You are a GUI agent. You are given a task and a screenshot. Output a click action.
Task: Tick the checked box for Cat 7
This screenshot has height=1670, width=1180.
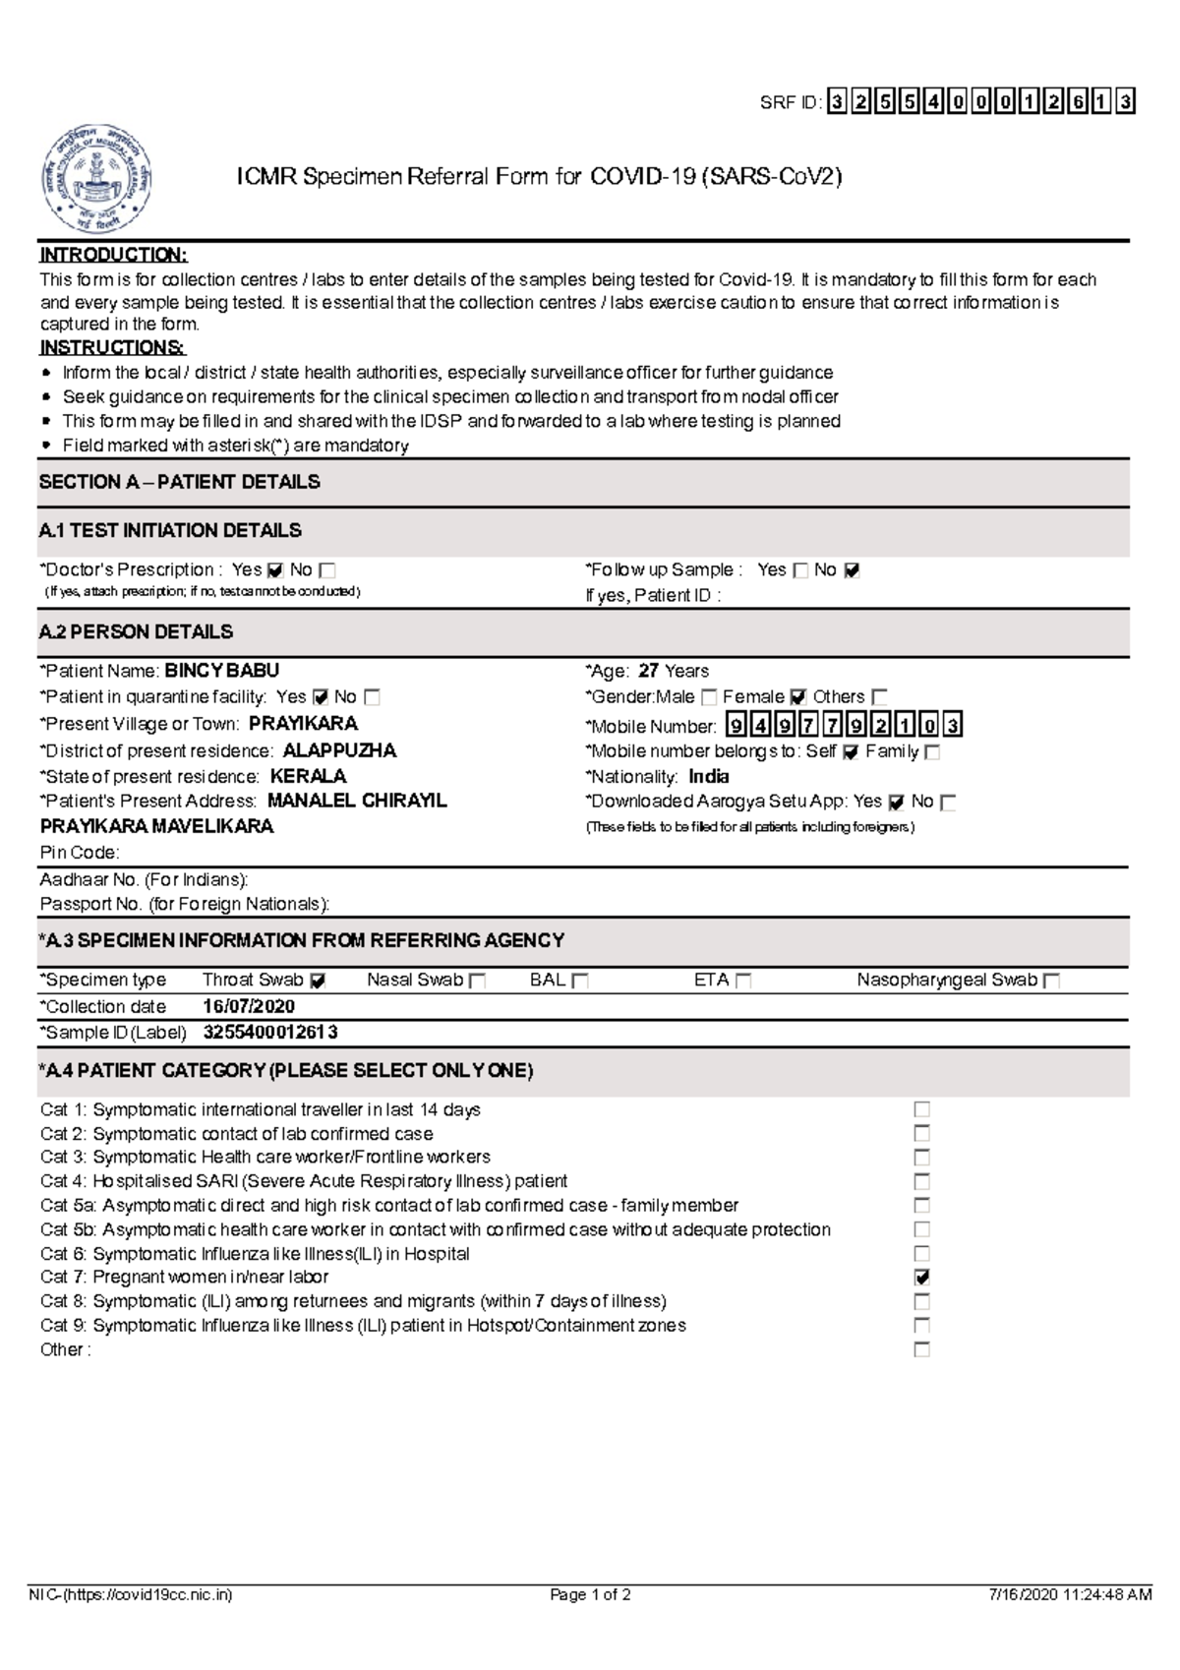(x=921, y=1278)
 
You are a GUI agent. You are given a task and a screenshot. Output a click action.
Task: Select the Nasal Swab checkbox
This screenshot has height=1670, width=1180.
(x=478, y=981)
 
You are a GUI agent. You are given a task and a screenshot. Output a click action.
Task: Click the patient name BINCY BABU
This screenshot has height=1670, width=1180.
(x=221, y=671)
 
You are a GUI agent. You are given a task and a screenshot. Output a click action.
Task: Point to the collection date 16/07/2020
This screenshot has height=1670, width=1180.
(x=249, y=1006)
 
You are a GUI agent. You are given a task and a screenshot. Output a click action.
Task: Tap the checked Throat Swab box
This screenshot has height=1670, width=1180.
(x=318, y=981)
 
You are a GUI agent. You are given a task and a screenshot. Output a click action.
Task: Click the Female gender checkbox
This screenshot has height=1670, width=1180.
(x=797, y=697)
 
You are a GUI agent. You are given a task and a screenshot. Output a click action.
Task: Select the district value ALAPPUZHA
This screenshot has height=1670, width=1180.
(x=339, y=750)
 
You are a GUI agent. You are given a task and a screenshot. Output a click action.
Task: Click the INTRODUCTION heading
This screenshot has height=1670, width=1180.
(x=113, y=255)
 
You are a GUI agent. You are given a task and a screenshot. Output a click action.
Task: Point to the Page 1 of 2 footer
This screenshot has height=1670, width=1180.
(x=590, y=1595)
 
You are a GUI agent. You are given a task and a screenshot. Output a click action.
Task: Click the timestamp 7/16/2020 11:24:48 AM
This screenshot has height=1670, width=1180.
(x=1070, y=1595)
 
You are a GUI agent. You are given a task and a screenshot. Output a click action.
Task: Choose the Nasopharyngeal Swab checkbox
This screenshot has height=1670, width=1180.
(x=1051, y=981)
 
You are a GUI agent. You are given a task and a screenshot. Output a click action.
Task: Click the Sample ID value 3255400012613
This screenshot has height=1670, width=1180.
(x=270, y=1032)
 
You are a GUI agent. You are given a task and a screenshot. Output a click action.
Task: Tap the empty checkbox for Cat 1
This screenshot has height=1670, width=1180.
(x=921, y=1109)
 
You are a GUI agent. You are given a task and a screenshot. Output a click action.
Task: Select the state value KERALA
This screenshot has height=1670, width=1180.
(x=308, y=776)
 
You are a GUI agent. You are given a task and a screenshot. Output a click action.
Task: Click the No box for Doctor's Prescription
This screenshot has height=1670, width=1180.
(x=327, y=570)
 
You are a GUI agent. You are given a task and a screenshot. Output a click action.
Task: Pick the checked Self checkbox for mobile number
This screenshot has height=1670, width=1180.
(x=851, y=752)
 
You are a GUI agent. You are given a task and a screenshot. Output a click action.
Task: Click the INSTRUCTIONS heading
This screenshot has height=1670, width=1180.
(x=112, y=347)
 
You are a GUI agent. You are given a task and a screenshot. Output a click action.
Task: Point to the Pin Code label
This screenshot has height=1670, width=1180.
(x=80, y=852)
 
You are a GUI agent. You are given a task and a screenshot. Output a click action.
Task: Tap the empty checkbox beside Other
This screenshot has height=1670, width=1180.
(x=921, y=1349)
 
